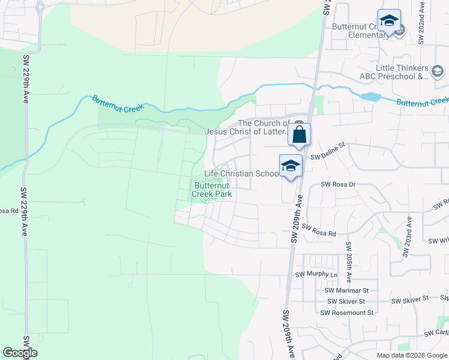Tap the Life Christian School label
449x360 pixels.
pos(241,173)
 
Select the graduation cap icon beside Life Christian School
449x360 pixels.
pos(291,166)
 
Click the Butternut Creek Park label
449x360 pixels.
pos(212,190)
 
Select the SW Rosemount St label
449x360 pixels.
pos(346,312)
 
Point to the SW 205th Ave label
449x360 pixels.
pos(348,263)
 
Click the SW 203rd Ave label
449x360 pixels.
pos(408,237)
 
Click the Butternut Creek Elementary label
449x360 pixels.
pos(360,31)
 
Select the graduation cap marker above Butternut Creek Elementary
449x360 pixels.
pos(389,20)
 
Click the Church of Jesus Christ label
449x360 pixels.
pos(249,127)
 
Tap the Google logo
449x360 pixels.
pos(20,353)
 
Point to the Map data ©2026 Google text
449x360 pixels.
pos(412,355)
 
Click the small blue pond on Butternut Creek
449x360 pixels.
pos(371,96)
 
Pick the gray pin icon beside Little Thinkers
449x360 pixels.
pos(438,73)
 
